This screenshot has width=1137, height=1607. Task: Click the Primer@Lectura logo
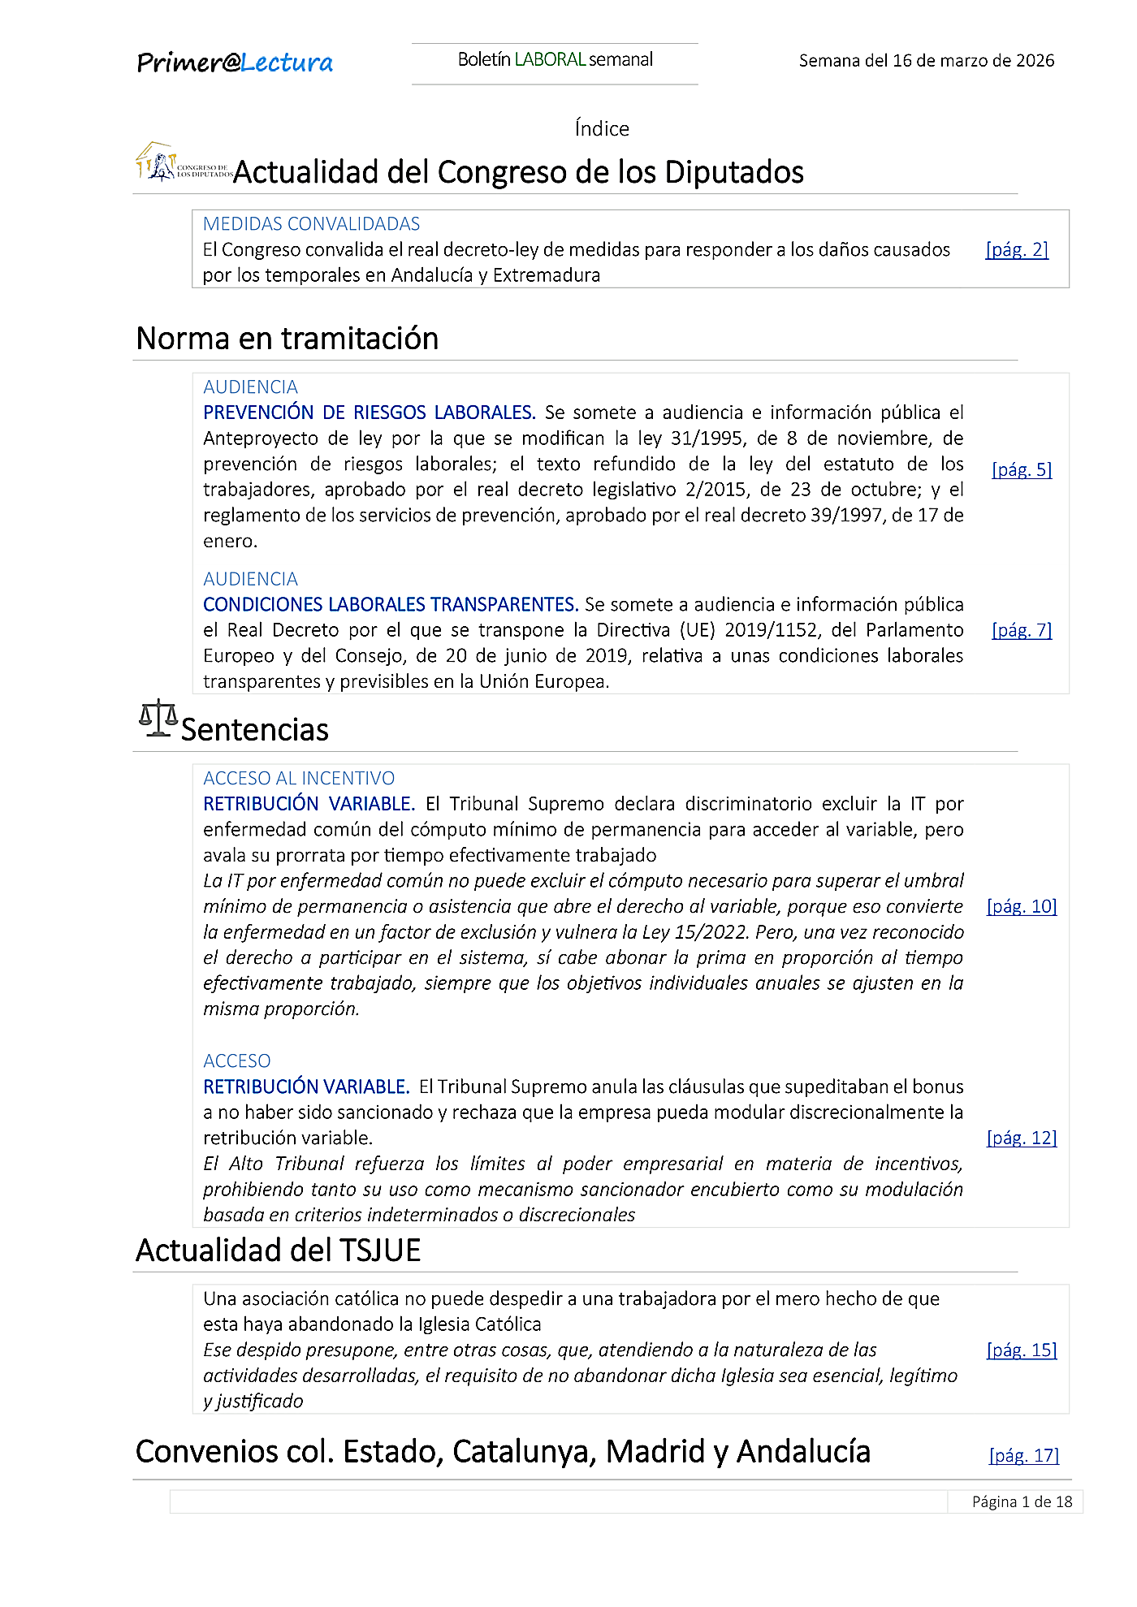235,63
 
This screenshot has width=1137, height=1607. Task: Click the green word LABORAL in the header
550,59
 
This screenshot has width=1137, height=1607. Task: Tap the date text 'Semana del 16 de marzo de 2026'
926,61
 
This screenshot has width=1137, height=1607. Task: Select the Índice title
602,128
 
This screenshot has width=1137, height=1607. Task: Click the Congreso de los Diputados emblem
183,163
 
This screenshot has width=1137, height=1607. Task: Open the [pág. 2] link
1017,250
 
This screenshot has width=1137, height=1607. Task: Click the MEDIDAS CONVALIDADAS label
311,224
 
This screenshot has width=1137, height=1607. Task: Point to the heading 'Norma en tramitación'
287,339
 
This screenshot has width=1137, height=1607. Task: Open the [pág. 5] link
1022,470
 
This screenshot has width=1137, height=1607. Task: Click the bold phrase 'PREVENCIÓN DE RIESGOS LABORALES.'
369,413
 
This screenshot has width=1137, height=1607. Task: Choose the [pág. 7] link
1022,630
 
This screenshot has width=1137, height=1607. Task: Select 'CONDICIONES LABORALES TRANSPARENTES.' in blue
391,605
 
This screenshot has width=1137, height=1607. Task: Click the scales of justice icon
158,719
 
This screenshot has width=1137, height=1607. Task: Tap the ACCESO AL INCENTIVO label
299,779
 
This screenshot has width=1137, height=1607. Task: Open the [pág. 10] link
1022,907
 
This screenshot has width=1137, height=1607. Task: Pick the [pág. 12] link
1022,1138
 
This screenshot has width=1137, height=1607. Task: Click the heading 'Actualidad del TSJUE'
278,1251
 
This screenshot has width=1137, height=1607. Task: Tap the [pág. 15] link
1022,1350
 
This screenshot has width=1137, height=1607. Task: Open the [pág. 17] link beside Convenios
1024,1456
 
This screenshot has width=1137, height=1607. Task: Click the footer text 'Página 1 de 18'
1022,1502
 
